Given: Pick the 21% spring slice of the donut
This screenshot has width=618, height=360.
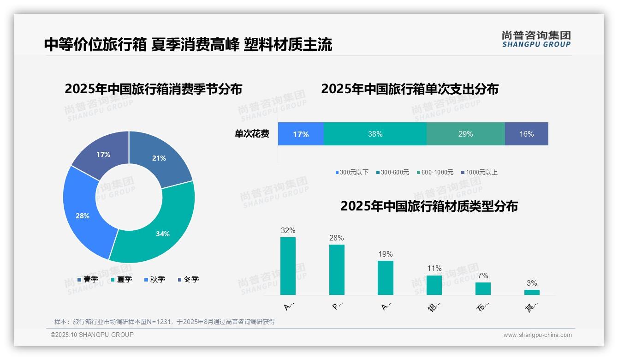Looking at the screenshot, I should click(159, 157).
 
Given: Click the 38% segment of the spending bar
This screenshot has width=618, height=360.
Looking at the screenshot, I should click(375, 134).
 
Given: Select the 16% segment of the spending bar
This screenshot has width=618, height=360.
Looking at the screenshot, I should click(526, 134).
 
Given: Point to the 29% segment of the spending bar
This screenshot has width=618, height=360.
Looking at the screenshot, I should click(465, 134).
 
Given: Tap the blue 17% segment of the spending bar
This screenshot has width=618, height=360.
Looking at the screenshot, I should click(301, 134).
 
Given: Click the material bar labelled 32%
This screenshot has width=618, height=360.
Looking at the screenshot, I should click(288, 266).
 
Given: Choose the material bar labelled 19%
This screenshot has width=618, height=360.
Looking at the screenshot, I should click(386, 277).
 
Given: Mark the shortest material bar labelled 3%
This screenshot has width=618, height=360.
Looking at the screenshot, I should click(532, 292).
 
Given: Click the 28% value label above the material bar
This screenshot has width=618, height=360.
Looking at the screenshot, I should click(337, 238).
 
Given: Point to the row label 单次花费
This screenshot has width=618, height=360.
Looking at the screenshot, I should click(252, 134).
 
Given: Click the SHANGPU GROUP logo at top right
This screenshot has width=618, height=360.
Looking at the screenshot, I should click(536, 39).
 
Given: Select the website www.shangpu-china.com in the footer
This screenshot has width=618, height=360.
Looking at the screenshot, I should click(537, 335).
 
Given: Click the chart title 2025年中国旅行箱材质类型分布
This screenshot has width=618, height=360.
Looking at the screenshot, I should click(429, 206).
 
